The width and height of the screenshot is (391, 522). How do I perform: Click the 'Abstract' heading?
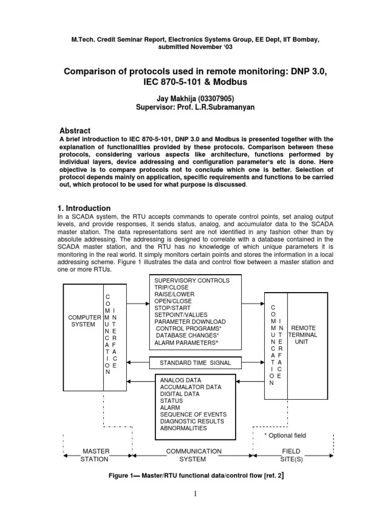click(75, 131)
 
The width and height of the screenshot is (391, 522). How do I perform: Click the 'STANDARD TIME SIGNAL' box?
click(195, 363)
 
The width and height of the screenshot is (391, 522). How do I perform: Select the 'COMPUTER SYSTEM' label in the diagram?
click(83, 321)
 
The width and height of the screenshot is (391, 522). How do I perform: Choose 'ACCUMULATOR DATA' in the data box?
click(191, 387)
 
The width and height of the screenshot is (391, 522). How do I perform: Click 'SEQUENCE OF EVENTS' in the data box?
click(193, 414)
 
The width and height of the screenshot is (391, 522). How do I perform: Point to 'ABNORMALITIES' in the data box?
click(183, 428)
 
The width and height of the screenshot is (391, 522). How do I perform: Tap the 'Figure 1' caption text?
click(195, 477)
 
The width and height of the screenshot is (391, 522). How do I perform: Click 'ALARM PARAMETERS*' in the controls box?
click(186, 343)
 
